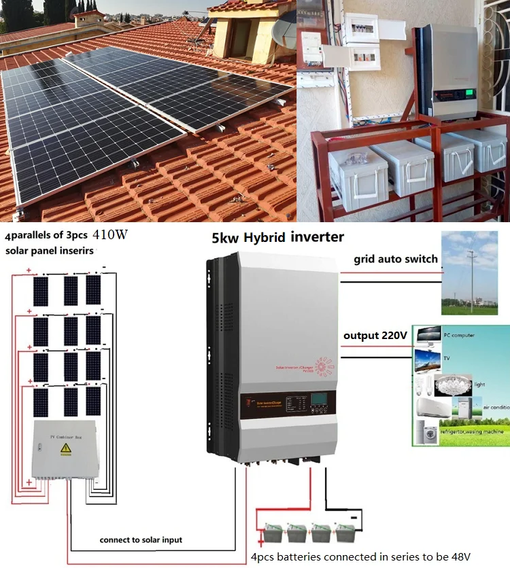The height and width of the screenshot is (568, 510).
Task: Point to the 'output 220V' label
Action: point(375,336)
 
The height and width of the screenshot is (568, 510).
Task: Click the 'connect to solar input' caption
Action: point(141,540)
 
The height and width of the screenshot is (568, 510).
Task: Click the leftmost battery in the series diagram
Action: point(273,533)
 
